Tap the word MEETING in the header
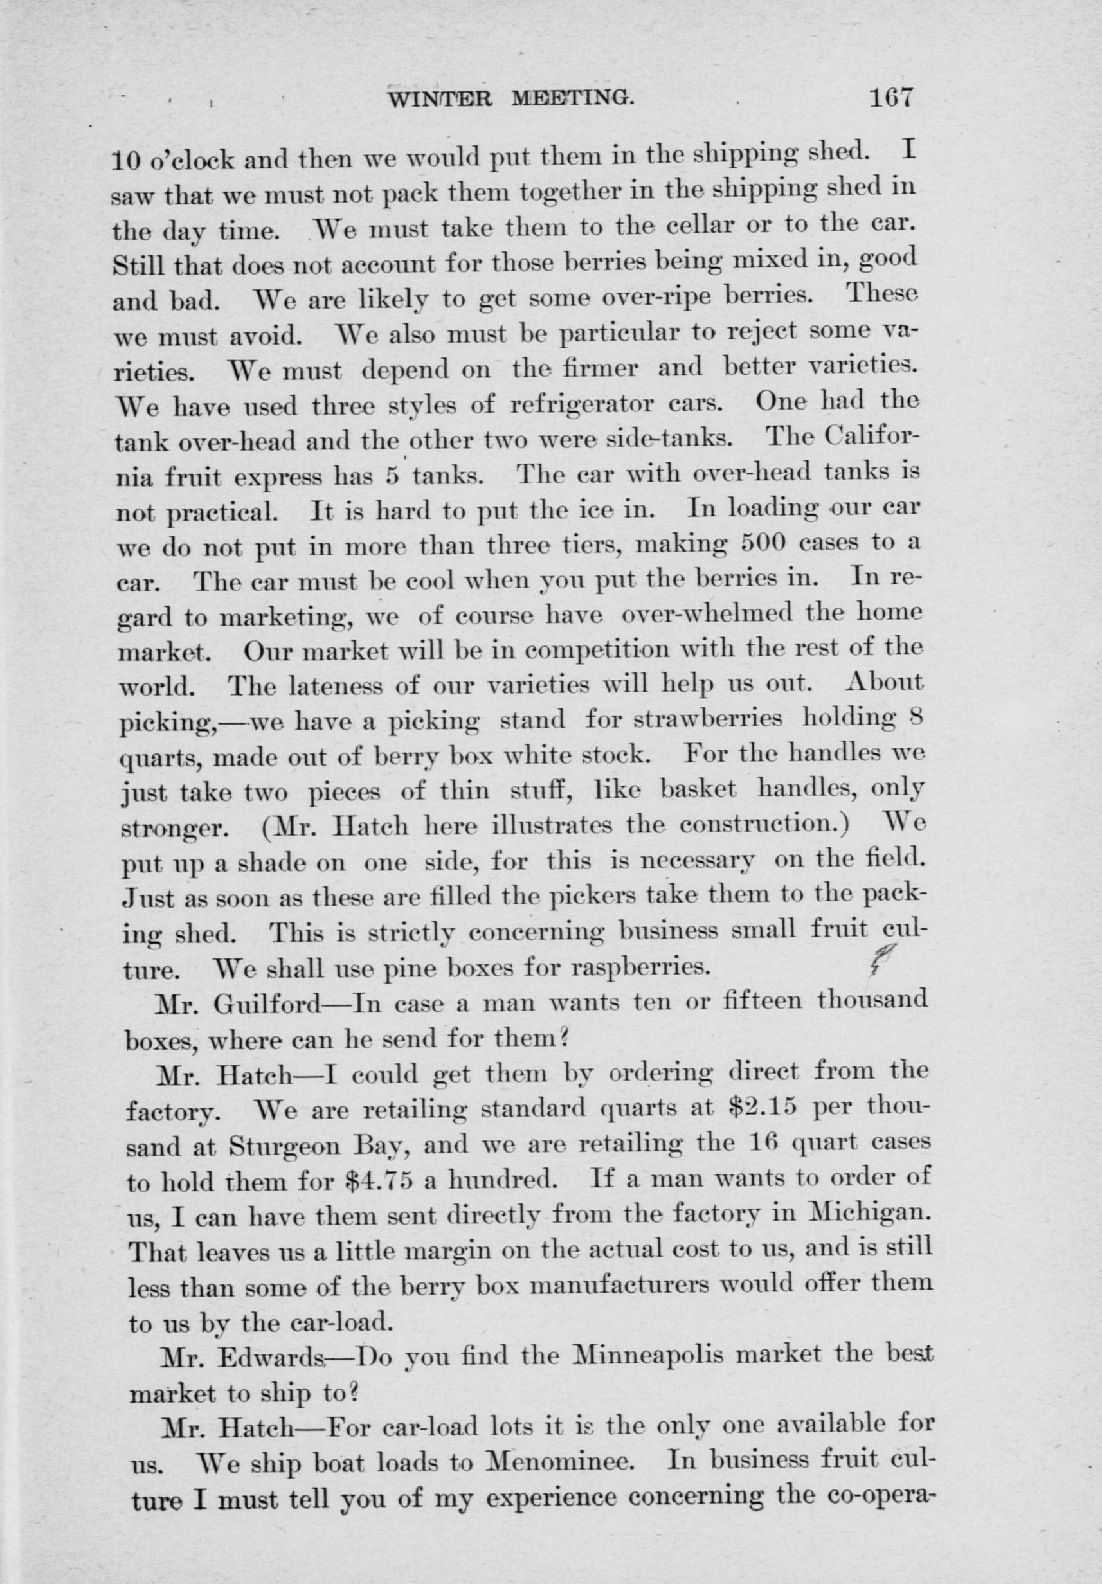click(x=572, y=100)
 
